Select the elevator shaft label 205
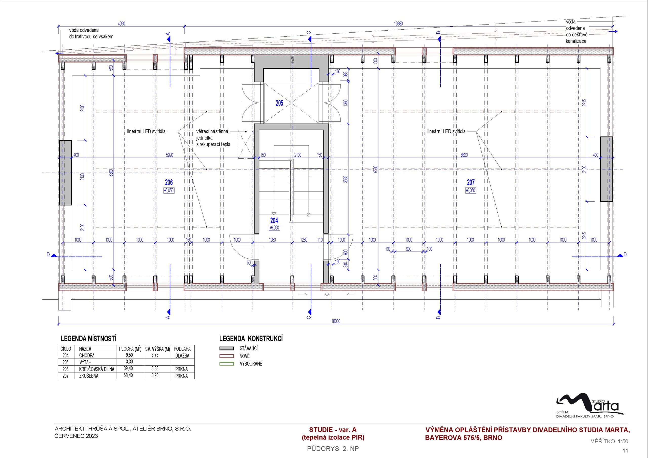click(x=279, y=103)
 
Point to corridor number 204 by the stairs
click(x=274, y=220)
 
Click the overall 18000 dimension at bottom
click(x=336, y=321)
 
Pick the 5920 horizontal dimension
click(x=170, y=155)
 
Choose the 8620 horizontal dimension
click(x=464, y=155)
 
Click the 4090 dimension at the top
click(x=122, y=24)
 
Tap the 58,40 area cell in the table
click(x=128, y=375)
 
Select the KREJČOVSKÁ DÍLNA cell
click(x=96, y=369)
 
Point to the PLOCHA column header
click(x=130, y=349)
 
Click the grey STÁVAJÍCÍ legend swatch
click(x=227, y=348)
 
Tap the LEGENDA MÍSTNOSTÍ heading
click(x=89, y=339)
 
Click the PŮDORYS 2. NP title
click(x=333, y=449)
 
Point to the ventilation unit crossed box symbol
click(x=245, y=144)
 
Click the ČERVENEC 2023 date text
click(x=76, y=436)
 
